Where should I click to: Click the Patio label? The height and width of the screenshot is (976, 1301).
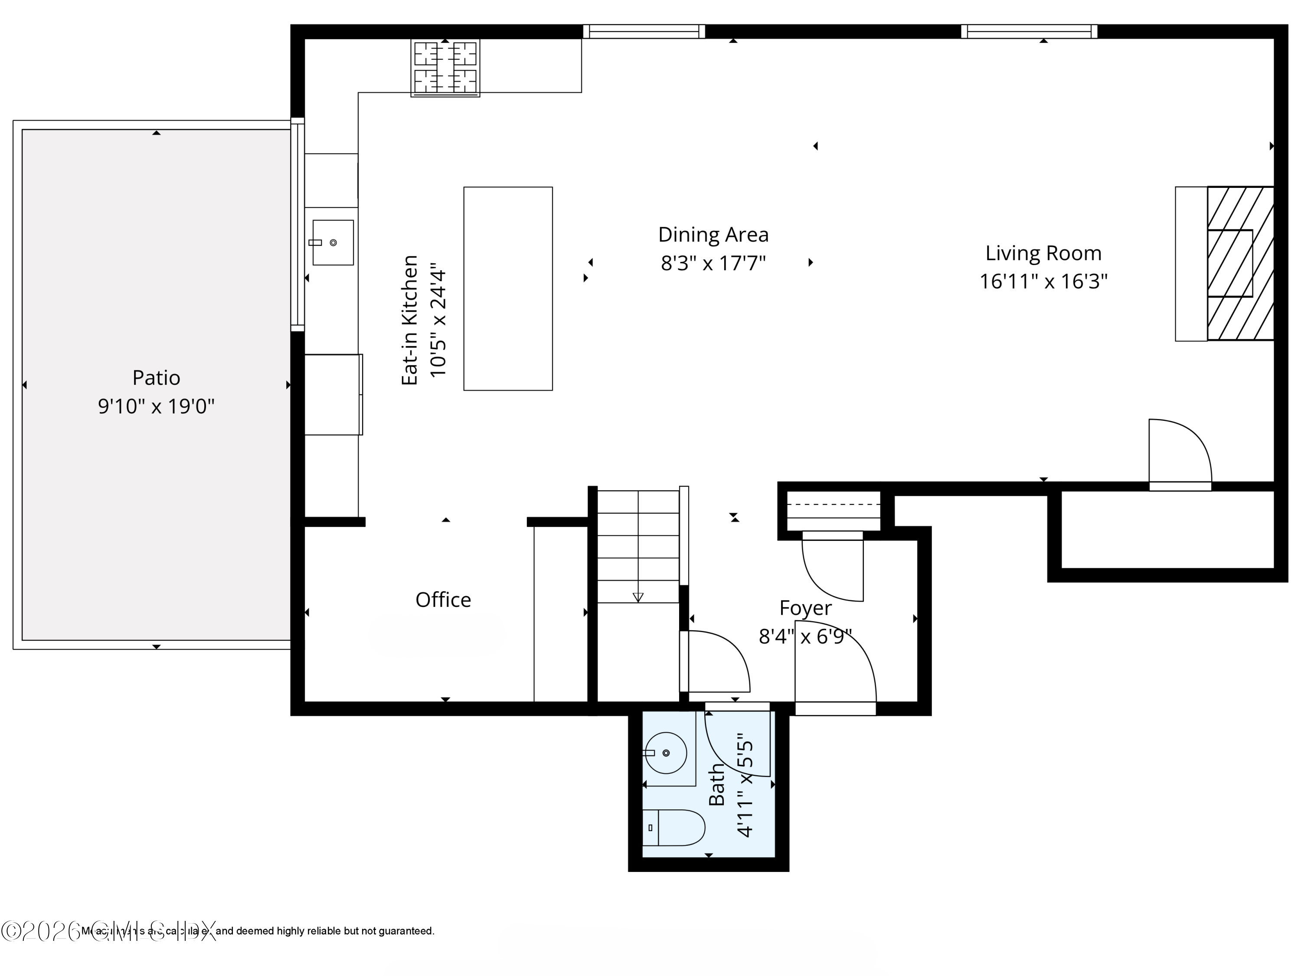[x=156, y=378]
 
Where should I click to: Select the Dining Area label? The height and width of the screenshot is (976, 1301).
[x=713, y=235]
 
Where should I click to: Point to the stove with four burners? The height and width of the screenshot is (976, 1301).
[x=445, y=68]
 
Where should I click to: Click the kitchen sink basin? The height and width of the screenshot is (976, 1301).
[x=333, y=242]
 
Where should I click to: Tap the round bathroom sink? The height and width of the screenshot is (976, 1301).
[x=666, y=753]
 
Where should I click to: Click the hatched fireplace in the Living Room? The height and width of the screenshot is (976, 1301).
[x=1240, y=264]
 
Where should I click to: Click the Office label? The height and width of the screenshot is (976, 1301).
[x=443, y=600]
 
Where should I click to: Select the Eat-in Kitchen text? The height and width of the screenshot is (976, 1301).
[x=409, y=321]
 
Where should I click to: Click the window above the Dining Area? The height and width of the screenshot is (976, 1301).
[x=644, y=31]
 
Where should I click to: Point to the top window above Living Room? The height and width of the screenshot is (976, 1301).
[x=1029, y=31]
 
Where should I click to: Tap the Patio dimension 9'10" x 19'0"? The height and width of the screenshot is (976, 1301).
[x=156, y=406]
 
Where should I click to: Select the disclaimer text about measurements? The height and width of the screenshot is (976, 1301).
[x=259, y=931]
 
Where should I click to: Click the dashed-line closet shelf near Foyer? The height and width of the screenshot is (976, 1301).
[x=834, y=505]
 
